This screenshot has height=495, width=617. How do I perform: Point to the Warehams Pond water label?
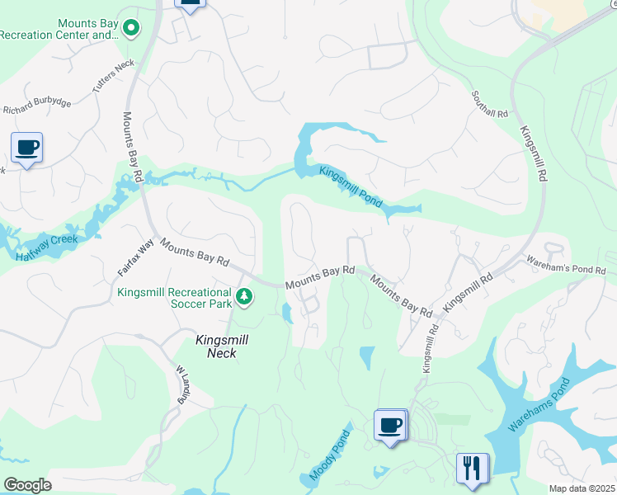click(539, 406)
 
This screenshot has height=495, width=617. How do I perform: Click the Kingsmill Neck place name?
click(216, 346)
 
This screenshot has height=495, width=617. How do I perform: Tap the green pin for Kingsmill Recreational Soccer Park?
click(243, 295)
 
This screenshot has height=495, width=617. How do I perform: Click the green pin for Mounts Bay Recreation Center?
click(130, 29)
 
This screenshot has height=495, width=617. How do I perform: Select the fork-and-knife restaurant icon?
click(472, 467)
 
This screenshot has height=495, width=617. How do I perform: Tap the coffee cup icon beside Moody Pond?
click(389, 425)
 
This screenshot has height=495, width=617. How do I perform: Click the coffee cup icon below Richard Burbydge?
click(26, 148)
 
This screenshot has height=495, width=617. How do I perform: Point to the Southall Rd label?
click(489, 105)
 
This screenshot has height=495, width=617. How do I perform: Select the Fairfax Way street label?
click(135, 257)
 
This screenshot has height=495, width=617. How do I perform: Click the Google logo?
click(27, 485)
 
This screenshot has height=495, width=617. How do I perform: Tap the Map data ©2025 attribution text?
click(581, 488)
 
